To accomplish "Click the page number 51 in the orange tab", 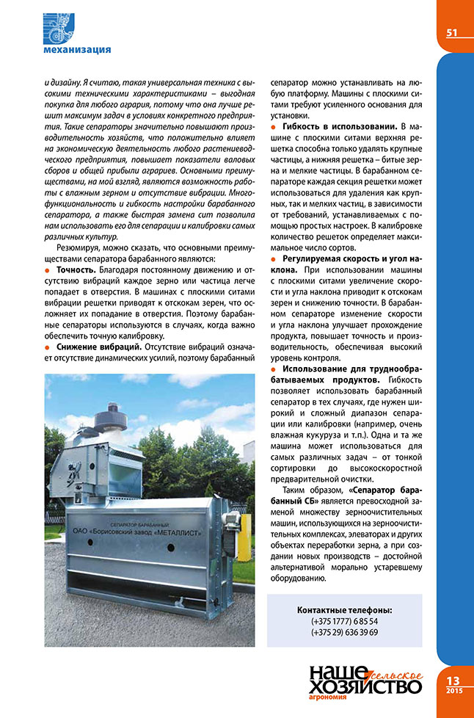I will [x=452, y=32].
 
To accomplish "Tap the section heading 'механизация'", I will [x=77, y=50].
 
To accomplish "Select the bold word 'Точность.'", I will [x=78, y=271].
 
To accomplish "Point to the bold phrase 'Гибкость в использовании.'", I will [x=335, y=128].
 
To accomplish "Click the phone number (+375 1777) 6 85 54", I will [x=344, y=621].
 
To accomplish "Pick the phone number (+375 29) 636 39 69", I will [x=344, y=633].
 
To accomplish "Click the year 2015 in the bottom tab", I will [x=453, y=692].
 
